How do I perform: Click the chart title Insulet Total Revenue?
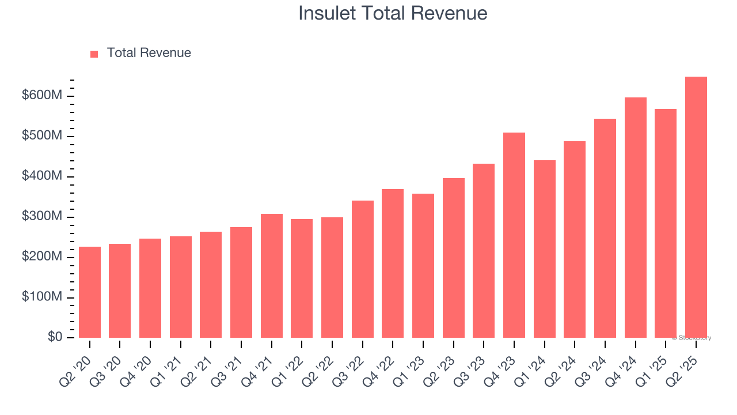tap(393, 13)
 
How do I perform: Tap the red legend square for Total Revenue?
tap(94, 54)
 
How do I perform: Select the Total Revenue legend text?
tap(149, 53)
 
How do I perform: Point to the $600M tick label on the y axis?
tap(41, 95)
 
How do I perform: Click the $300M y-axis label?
tap(41, 216)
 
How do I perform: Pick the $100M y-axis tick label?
tap(41, 297)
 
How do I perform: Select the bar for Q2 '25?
tap(696, 207)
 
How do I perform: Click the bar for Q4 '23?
tap(514, 235)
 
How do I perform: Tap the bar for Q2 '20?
tap(89, 292)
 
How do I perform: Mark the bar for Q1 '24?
tap(544, 249)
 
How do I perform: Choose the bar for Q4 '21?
tap(271, 276)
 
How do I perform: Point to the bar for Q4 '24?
tap(635, 218)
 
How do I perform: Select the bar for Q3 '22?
tap(362, 269)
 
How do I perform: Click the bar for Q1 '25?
tap(665, 224)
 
